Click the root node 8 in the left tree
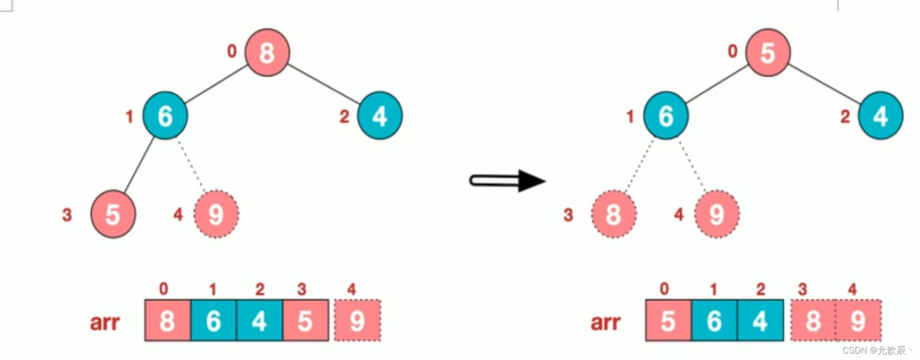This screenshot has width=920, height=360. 267,53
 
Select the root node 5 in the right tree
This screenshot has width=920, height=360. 768,53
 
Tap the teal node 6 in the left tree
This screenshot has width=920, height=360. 165,116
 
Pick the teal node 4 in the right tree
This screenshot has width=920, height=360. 880,116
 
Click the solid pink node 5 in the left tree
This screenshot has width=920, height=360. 113,214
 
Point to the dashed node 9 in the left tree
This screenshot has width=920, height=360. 216,214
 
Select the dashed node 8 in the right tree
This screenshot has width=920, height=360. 614,214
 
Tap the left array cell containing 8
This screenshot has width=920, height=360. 167,321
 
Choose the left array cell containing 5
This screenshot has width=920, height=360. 305,321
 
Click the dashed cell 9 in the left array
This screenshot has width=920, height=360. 357,321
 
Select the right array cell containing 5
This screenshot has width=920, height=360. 668,321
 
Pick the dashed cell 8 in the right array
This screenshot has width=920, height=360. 813,321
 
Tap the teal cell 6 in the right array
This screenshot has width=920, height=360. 714,321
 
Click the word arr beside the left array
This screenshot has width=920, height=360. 104,322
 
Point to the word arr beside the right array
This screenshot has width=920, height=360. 605,322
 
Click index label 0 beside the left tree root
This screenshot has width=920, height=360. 232,51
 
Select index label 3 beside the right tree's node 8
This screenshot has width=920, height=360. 568,215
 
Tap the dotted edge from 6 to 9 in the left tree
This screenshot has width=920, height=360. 191,164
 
